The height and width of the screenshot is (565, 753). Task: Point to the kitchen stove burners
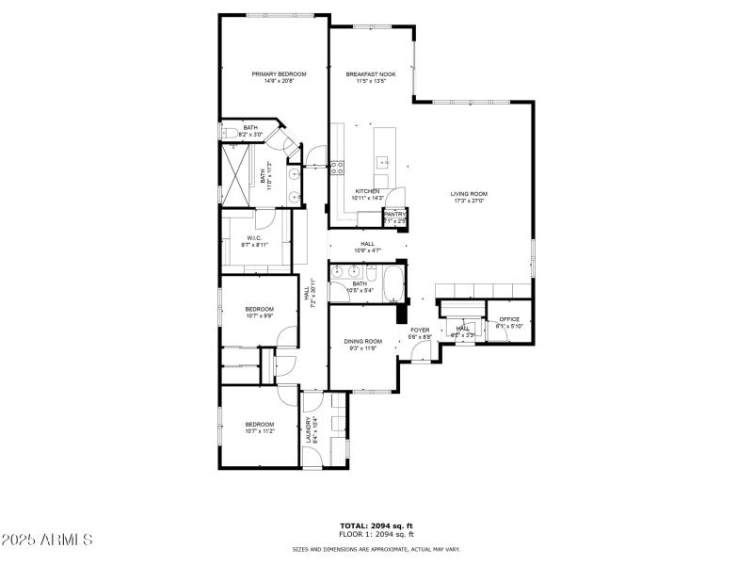(x=336, y=169)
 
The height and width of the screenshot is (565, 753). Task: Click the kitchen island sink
(x=384, y=162)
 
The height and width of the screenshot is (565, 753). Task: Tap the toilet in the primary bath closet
(x=230, y=133)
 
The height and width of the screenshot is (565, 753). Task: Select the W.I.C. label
(x=254, y=237)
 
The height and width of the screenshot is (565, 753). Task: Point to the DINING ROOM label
(x=362, y=341)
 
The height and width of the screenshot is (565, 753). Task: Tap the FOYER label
(x=420, y=330)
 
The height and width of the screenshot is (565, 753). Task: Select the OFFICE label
(x=509, y=319)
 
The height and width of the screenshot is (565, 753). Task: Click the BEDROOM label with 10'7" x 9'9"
(x=259, y=309)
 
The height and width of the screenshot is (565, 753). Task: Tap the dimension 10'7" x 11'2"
(x=259, y=431)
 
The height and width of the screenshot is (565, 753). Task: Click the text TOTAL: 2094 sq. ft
(x=376, y=525)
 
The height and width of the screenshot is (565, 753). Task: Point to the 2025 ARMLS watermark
(x=47, y=540)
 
